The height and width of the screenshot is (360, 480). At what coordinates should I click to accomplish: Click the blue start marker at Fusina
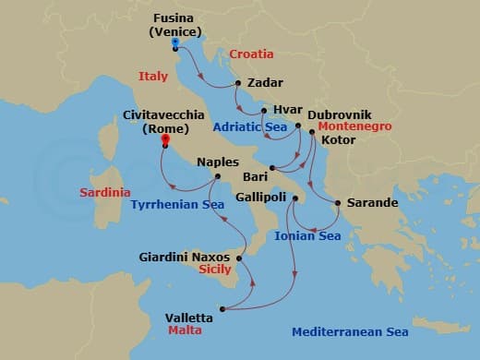coord(175,42)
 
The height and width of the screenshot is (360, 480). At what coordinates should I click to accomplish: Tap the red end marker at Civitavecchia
coord(164,140)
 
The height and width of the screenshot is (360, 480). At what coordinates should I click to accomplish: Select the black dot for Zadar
coord(238,83)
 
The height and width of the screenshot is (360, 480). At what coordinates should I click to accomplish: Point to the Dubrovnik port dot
coord(298,126)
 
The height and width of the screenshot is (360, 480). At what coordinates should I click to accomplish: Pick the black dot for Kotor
coord(313,140)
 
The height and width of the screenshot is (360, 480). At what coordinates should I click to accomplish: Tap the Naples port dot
coord(217,176)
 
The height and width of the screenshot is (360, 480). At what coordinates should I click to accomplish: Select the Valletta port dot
coord(222,308)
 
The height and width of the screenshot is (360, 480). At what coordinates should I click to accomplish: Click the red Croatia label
coord(253,54)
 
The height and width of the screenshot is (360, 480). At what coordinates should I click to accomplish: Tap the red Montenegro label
coord(354,126)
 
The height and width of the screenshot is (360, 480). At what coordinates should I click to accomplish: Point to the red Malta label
coord(186,330)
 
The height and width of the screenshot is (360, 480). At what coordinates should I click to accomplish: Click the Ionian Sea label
coord(308,236)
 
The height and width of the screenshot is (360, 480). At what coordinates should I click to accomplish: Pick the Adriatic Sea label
coord(248,126)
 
